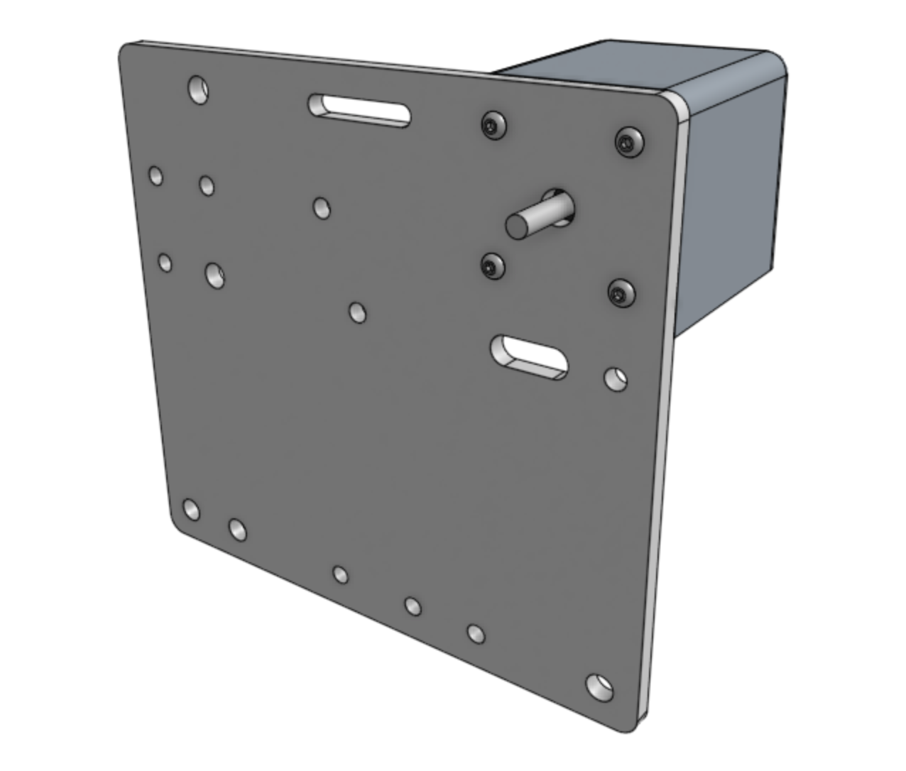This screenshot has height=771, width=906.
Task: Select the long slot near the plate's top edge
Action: (x=359, y=111)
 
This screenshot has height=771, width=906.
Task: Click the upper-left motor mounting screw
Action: (x=493, y=126)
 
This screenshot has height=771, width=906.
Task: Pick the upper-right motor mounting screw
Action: (x=629, y=141)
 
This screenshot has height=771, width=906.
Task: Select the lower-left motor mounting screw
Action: (x=491, y=267)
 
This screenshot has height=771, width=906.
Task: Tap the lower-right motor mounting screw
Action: (x=621, y=292)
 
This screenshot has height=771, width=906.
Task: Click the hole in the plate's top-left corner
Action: (x=198, y=89)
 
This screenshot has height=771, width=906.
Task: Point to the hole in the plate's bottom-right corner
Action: (x=600, y=687)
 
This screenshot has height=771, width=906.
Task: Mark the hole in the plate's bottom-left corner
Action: (x=190, y=509)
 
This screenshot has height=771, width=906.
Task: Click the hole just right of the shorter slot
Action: (x=615, y=378)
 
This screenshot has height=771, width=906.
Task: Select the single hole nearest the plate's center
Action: (x=357, y=312)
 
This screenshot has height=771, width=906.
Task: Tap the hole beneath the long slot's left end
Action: (x=321, y=208)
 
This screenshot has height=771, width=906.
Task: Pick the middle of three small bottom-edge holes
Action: (x=413, y=606)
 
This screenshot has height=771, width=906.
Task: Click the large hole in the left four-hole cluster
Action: (x=214, y=275)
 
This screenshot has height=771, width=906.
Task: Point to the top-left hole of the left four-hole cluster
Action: (x=155, y=175)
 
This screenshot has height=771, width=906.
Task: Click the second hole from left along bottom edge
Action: (x=237, y=529)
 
